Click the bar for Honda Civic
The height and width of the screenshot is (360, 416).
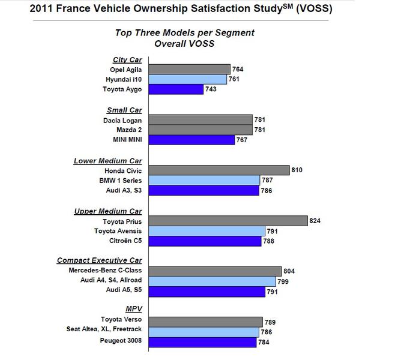[x=219, y=170]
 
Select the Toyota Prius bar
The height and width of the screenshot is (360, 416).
[x=228, y=221]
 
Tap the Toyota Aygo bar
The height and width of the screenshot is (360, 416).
[x=176, y=89]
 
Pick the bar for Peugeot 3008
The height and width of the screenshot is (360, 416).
[x=202, y=343]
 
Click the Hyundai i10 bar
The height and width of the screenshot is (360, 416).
[x=187, y=79]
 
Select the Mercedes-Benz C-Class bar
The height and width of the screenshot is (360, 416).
[x=214, y=271]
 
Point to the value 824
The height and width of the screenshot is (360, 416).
[x=315, y=221]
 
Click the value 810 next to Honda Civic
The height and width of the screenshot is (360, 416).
[x=297, y=170]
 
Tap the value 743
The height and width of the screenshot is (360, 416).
[x=211, y=89]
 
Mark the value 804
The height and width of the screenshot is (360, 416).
[x=289, y=271]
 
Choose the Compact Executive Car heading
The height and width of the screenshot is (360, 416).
[x=100, y=260]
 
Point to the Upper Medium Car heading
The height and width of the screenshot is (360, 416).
[x=108, y=211]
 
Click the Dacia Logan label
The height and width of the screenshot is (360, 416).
[x=122, y=120]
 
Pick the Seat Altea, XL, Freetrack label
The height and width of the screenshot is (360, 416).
[x=105, y=332]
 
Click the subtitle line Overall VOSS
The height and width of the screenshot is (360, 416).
[x=184, y=43]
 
